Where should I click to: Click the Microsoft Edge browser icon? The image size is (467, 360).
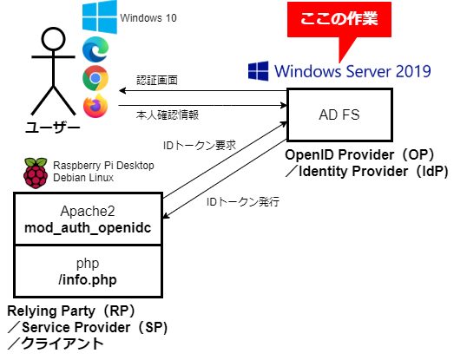point(95,49)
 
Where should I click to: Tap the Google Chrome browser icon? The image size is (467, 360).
point(95,78)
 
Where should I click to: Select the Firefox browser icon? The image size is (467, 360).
point(95,106)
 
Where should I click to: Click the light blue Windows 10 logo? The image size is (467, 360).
point(100,17)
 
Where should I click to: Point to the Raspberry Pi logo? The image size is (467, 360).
point(36,173)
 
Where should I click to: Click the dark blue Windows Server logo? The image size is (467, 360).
point(258,71)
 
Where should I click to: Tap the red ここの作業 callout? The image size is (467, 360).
point(339,19)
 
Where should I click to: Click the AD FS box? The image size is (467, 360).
point(339,115)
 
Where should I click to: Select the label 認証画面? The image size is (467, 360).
point(157,80)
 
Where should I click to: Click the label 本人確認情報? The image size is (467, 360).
point(168,115)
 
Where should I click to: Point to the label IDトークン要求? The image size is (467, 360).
point(200,145)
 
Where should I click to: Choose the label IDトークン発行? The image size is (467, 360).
point(243,202)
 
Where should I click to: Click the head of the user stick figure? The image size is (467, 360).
point(53,39)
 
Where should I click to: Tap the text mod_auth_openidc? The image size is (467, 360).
point(88,228)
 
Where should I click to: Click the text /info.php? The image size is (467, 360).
point(88,279)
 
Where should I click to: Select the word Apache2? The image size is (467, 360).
point(88,212)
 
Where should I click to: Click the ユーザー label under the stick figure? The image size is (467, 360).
point(52,128)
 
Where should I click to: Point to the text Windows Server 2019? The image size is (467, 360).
point(352,71)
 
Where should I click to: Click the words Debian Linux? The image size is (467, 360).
point(83,178)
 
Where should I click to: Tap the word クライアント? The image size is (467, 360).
point(62,344)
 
